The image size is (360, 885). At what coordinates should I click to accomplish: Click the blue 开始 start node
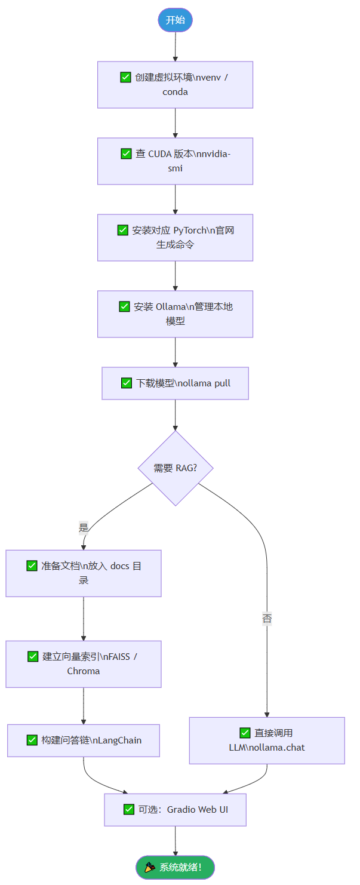pyautogui.click(x=175, y=20)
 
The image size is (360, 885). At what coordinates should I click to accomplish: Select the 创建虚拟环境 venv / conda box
pyautogui.click(x=175, y=85)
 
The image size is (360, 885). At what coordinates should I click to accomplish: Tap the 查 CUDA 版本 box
pyautogui.click(x=175, y=161)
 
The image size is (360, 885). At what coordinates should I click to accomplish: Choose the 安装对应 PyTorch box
pyautogui.click(x=175, y=238)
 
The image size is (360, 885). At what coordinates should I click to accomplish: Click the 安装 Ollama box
pyautogui.click(x=175, y=314)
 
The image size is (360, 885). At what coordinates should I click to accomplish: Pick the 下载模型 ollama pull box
pyautogui.click(x=175, y=383)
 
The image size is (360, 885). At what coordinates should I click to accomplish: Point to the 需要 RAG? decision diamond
pyautogui.click(x=175, y=468)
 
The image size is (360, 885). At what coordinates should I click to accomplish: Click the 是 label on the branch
pyautogui.click(x=84, y=527)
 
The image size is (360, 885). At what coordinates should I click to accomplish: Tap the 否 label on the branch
pyautogui.click(x=267, y=619)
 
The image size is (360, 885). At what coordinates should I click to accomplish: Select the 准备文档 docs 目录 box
pyautogui.click(x=84, y=573)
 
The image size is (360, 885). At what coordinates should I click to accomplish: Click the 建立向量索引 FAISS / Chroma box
pyautogui.click(x=84, y=664)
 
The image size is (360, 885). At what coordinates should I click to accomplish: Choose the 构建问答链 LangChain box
pyautogui.click(x=84, y=740)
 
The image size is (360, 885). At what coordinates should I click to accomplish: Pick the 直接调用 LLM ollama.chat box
pyautogui.click(x=267, y=740)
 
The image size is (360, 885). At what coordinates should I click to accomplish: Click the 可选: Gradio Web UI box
pyautogui.click(x=175, y=810)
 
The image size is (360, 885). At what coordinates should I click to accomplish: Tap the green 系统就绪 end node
pyautogui.click(x=175, y=867)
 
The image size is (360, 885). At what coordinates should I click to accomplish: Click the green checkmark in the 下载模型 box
pyautogui.click(x=127, y=383)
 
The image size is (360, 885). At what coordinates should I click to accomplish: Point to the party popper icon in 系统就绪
pyautogui.click(x=150, y=867)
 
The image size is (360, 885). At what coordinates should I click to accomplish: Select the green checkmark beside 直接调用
pyautogui.click(x=245, y=733)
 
